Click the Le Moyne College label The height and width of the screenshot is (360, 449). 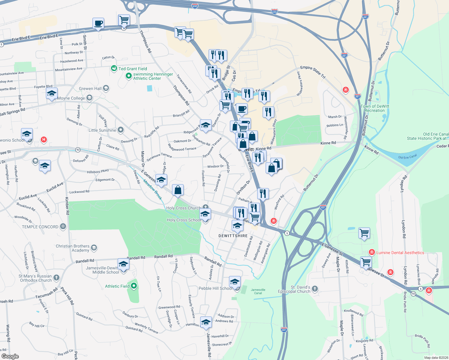click(x=71, y=98)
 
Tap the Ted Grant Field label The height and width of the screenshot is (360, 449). click(x=133, y=69)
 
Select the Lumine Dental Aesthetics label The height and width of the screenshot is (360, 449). click(x=400, y=253)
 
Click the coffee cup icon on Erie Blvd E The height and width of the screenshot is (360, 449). click(x=98, y=23)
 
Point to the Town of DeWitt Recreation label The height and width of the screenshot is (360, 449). click(x=375, y=108)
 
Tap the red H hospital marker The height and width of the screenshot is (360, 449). click(x=44, y=139)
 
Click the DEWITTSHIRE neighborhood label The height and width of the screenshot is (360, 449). click(x=233, y=236)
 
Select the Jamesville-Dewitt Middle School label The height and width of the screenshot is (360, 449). click(x=102, y=270)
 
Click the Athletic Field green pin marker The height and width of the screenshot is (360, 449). click(x=134, y=286)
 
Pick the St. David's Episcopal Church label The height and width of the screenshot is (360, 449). click(x=294, y=289)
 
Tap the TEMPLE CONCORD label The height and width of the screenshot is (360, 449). click(x=40, y=227)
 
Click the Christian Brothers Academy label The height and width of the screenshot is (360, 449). click(x=73, y=248)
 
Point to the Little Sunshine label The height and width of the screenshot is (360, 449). click(x=102, y=130)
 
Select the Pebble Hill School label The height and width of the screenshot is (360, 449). click(x=215, y=288)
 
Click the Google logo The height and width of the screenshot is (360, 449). click(x=10, y=356)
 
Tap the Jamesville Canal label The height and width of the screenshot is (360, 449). click(x=258, y=291)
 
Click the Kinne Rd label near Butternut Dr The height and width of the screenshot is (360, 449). click(x=328, y=143)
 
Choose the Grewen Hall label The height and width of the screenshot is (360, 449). click(x=90, y=88)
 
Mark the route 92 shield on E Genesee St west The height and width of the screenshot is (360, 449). click(x=78, y=150)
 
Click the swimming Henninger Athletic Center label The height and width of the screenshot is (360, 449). click(x=153, y=76)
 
